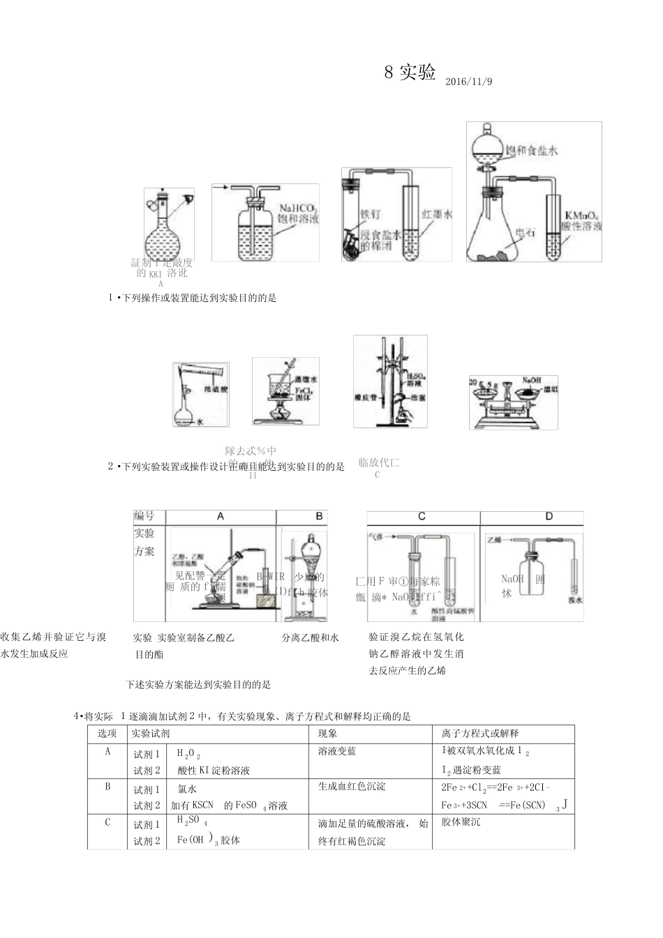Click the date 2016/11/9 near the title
pos(468,82)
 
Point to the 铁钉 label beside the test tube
pos(370,214)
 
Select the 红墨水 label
pos(437,214)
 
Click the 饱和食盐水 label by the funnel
pos(531,151)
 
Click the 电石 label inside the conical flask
pos(525,233)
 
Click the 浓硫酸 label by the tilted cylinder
pos(216,389)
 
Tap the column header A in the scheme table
pos(221,517)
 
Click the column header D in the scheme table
pos(549,517)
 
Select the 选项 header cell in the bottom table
pos(107,734)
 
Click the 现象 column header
pos(328,734)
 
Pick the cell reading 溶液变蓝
pos(337,752)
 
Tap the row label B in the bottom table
pos(107,787)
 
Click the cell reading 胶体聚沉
pos(461,822)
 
